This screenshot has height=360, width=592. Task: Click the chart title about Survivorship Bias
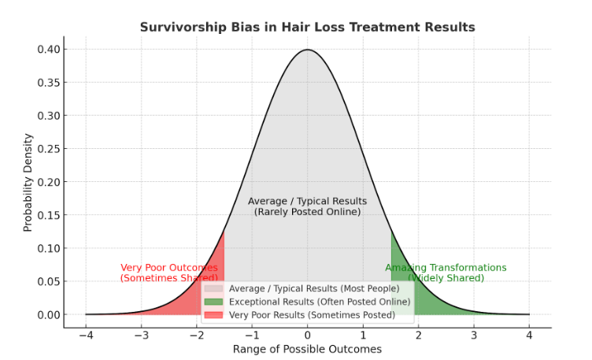[x=307, y=27]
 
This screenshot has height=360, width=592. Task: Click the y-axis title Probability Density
[x=28, y=181]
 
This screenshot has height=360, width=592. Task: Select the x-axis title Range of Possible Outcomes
[x=307, y=349]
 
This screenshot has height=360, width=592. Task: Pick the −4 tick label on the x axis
[x=85, y=335]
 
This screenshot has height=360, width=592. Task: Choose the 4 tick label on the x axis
[x=529, y=335]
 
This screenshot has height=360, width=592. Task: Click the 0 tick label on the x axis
[x=308, y=335]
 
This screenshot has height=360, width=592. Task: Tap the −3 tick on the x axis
[x=141, y=335]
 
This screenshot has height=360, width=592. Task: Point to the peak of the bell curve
[x=308, y=50]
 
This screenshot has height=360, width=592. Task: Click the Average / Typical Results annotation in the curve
[x=307, y=206]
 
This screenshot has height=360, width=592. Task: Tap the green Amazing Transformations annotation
[x=446, y=273]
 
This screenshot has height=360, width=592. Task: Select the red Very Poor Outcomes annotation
[x=169, y=273]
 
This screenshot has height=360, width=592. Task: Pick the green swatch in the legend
[x=213, y=302]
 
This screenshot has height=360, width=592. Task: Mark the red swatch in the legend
[x=213, y=315]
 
